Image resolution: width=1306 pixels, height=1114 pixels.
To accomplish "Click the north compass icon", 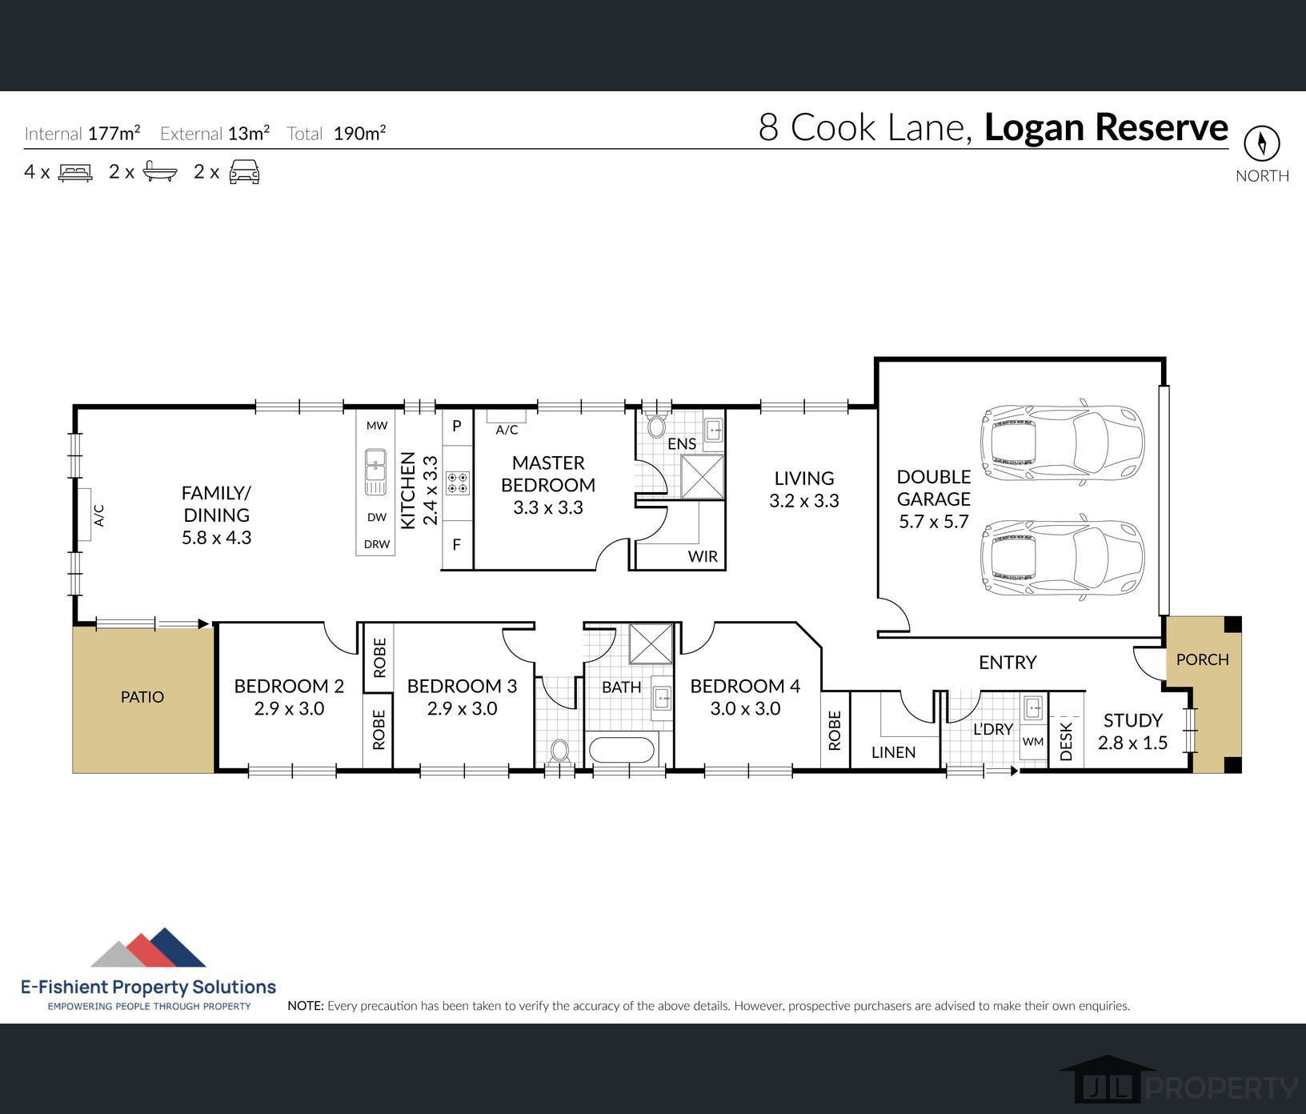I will coord(1261,144).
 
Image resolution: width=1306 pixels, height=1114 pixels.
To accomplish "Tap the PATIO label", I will coord(142,697).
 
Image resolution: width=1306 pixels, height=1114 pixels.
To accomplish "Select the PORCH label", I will coord(1202,659).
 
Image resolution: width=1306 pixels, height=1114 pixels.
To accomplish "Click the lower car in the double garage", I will coord(1062,558).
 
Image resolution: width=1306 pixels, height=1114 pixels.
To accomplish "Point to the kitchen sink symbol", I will coord(375,472).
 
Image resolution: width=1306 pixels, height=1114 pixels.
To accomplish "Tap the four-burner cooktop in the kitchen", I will coord(457,483).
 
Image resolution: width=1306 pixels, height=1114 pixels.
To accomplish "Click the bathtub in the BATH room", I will coord(621,751).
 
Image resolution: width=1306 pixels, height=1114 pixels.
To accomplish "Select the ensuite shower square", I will coord(702,477).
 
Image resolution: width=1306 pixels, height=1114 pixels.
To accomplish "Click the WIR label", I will coord(703,556).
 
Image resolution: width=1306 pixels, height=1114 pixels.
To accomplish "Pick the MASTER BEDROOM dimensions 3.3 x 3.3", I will coord(548,507).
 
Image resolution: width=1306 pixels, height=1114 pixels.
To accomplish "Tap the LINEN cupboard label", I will coord(893,752).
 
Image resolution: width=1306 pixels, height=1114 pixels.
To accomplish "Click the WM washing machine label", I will coord(1032,742).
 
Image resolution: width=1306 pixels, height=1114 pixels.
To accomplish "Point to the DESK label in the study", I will coord(1066,741).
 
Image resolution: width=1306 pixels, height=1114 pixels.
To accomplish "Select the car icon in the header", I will coord(244,172).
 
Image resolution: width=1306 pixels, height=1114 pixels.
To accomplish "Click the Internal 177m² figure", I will coord(114,133).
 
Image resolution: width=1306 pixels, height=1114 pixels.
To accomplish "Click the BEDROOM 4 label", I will coord(744,686).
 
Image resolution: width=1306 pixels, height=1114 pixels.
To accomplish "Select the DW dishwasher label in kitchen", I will coord(376,517).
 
